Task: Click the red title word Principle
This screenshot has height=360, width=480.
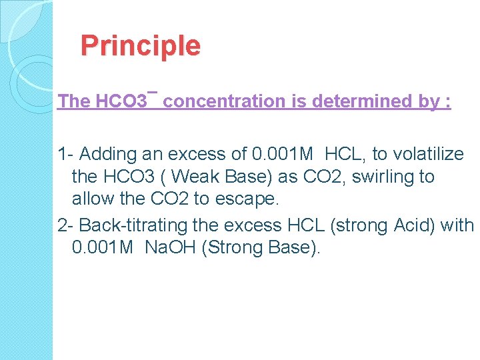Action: pyautogui.click(x=140, y=46)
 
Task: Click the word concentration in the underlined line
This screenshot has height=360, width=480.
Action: pyautogui.click(x=225, y=101)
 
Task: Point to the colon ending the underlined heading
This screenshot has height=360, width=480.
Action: pyautogui.click(x=447, y=101)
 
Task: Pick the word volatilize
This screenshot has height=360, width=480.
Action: pyautogui.click(x=427, y=155)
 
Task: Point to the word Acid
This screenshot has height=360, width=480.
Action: pyautogui.click(x=415, y=225)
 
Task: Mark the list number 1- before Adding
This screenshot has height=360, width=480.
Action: pyautogui.click(x=66, y=155)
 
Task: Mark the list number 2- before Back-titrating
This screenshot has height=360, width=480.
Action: pyautogui.click(x=66, y=225)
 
